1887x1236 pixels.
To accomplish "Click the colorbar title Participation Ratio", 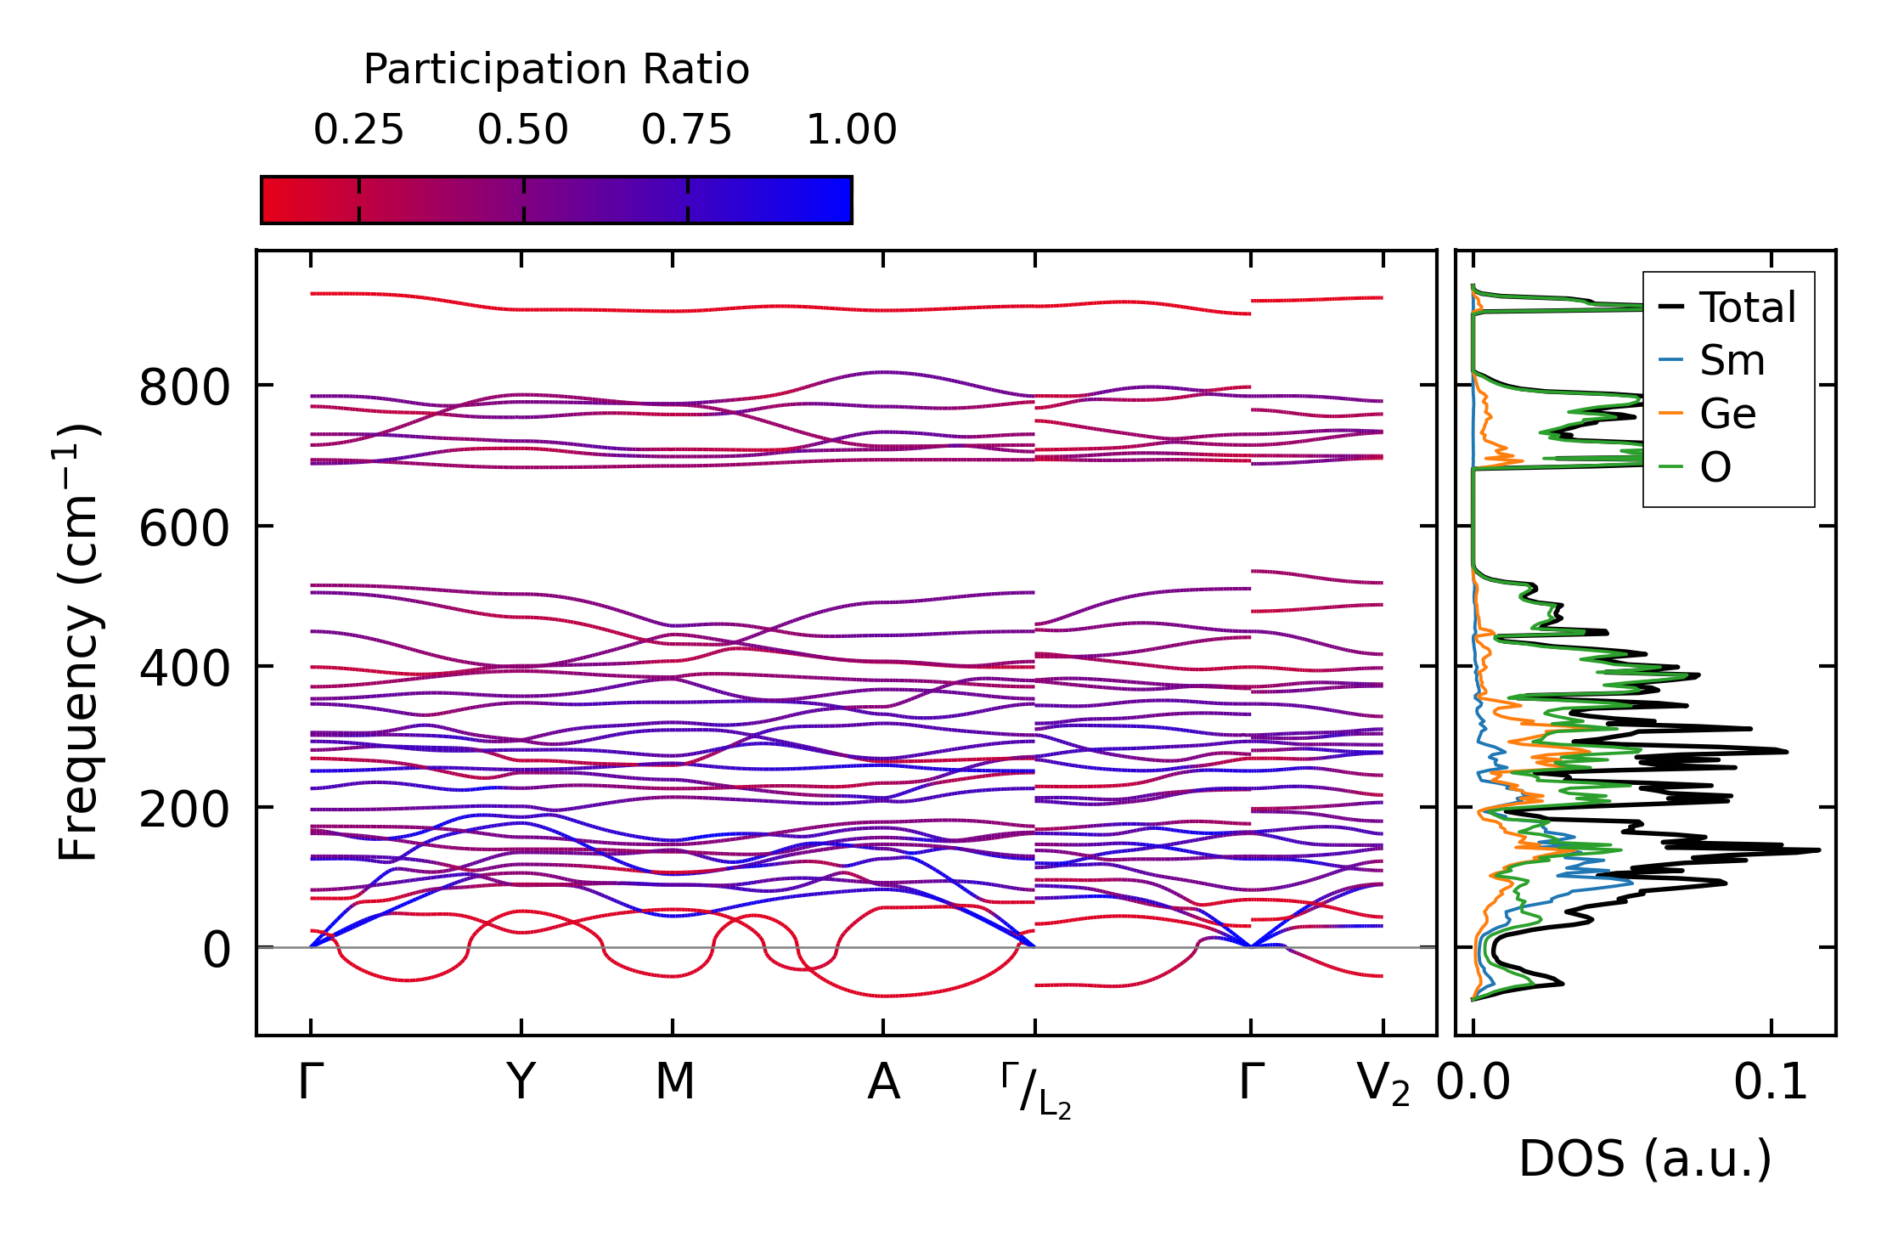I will point(556,70).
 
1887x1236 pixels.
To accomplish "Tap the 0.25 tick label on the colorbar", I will point(358,130).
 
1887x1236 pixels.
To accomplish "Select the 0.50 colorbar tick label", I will point(522,130).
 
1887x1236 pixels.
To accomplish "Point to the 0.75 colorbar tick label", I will point(686,130).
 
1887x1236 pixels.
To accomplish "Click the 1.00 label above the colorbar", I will point(851,130).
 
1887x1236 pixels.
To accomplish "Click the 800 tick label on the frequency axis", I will point(184,388).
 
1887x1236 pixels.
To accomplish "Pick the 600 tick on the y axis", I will point(184,529).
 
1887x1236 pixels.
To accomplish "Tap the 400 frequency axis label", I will point(184,669).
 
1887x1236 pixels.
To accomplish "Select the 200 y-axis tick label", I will point(184,810).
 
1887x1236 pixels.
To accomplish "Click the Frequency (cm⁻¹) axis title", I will point(78,642).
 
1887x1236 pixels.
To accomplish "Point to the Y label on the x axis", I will point(521,1082).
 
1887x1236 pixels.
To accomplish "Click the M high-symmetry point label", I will point(674,1082).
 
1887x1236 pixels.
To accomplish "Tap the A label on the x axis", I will point(883,1082).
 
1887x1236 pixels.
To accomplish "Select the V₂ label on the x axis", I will point(1383,1085).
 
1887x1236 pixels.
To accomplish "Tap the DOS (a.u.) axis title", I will point(1645,1159).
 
